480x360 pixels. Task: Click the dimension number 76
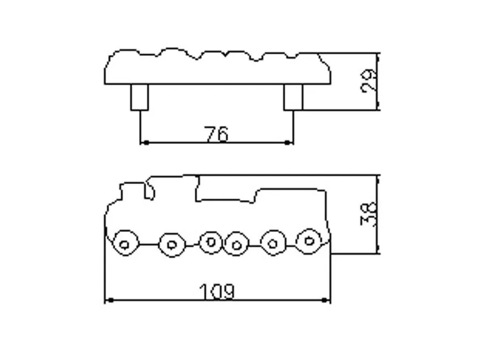[x=216, y=134]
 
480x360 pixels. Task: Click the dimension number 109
[x=218, y=291]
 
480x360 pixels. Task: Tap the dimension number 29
[x=369, y=80]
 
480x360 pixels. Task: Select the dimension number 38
[x=369, y=214]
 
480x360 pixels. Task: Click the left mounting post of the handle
[x=140, y=97]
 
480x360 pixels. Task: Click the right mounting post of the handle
[x=293, y=97]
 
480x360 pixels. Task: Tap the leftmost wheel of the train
[x=125, y=243]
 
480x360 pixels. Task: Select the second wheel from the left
[x=172, y=245]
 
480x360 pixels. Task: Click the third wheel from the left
[x=211, y=243]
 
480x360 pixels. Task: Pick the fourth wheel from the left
[x=236, y=244]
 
